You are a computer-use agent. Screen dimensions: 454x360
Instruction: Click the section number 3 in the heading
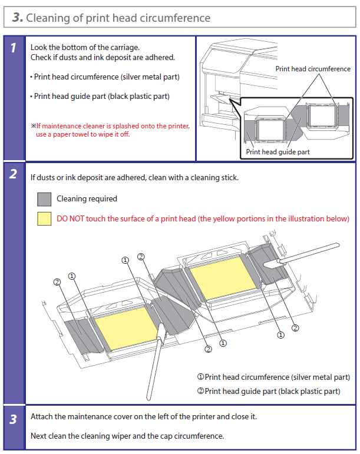coord(17,18)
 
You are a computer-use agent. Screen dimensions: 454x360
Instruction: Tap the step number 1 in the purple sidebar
coord(13,49)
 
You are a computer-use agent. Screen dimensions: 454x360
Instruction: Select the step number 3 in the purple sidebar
coord(13,419)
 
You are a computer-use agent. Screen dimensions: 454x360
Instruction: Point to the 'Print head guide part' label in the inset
coord(278,152)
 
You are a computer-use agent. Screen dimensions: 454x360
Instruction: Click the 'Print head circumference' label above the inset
coord(313,69)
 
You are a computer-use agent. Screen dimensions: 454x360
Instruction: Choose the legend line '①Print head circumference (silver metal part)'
coord(273,377)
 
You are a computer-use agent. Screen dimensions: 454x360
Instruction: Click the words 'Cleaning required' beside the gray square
coord(87,199)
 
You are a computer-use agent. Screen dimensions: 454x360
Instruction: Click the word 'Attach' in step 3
coord(42,417)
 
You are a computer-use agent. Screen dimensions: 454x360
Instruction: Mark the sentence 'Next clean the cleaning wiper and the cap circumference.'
coord(127,436)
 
